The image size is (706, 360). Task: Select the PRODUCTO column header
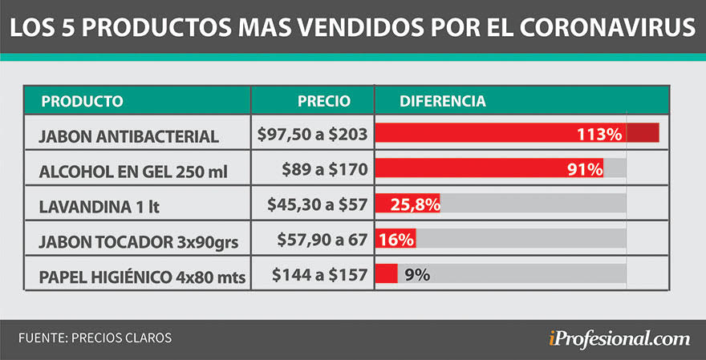82,102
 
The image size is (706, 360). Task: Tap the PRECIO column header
323,102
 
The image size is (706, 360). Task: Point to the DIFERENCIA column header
442,102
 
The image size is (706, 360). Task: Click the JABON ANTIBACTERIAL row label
128,136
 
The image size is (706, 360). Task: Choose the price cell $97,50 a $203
313,135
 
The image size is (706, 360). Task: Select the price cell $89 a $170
324,170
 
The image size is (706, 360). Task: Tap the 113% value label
599,135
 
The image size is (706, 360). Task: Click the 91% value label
586,169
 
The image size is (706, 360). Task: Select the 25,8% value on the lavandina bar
414,204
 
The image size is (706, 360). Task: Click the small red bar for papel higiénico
387,274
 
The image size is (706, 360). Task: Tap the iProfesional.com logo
613,338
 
